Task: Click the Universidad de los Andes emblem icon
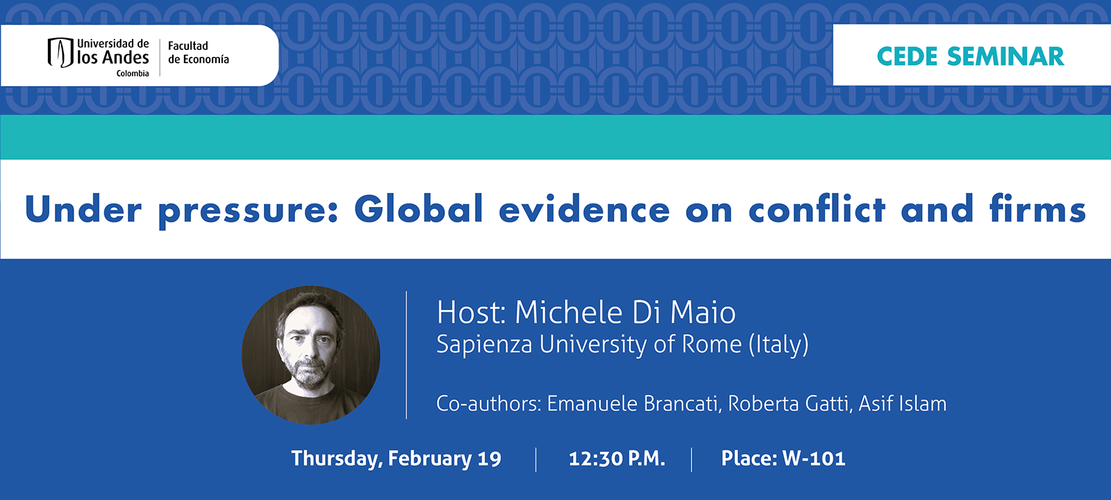pos(60,52)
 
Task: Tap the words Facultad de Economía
pos(198,53)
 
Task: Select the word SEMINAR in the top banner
pos(1005,56)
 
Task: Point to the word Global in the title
pos(419,209)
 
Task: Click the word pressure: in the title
pos(248,210)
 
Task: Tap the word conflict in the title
pos(817,209)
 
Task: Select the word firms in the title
pos(1037,209)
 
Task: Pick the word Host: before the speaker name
pos(471,312)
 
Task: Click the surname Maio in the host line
pos(703,312)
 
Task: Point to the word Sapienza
pos(484,344)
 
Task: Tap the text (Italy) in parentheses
pos(778,344)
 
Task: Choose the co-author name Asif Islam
pos(903,403)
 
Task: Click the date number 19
pos(490,459)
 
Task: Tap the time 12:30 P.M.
pos(617,458)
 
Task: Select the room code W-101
pos(814,458)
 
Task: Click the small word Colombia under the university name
pos(133,74)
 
